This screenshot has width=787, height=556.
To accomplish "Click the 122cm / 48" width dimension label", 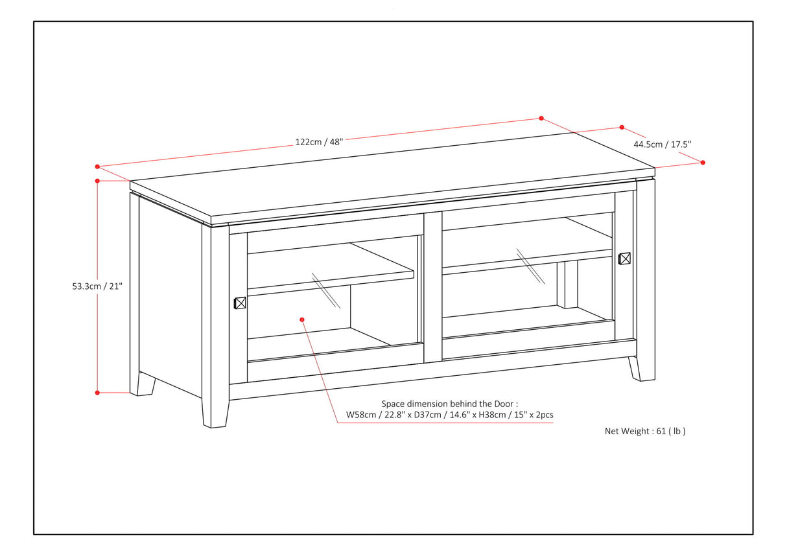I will (318, 142).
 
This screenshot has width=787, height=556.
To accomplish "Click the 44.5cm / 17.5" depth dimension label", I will (663, 145).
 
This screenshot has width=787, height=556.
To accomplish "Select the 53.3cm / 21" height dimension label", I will (97, 285).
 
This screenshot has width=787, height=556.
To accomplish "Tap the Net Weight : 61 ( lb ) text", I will (645, 431).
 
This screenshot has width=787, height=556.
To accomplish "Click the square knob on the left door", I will (239, 303).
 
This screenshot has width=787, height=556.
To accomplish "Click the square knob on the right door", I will (624, 259).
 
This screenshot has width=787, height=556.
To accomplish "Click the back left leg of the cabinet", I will (145, 384).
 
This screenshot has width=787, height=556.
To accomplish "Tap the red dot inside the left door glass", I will (302, 319).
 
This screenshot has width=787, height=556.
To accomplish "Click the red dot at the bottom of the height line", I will (97, 392).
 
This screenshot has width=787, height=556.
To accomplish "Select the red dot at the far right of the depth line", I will (703, 163).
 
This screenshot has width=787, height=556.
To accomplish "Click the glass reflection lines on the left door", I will (326, 290).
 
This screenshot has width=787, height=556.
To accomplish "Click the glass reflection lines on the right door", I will (530, 266).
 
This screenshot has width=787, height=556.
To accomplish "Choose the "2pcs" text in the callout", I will (541, 415).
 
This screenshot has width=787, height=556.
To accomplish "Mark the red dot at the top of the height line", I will (97, 181).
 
